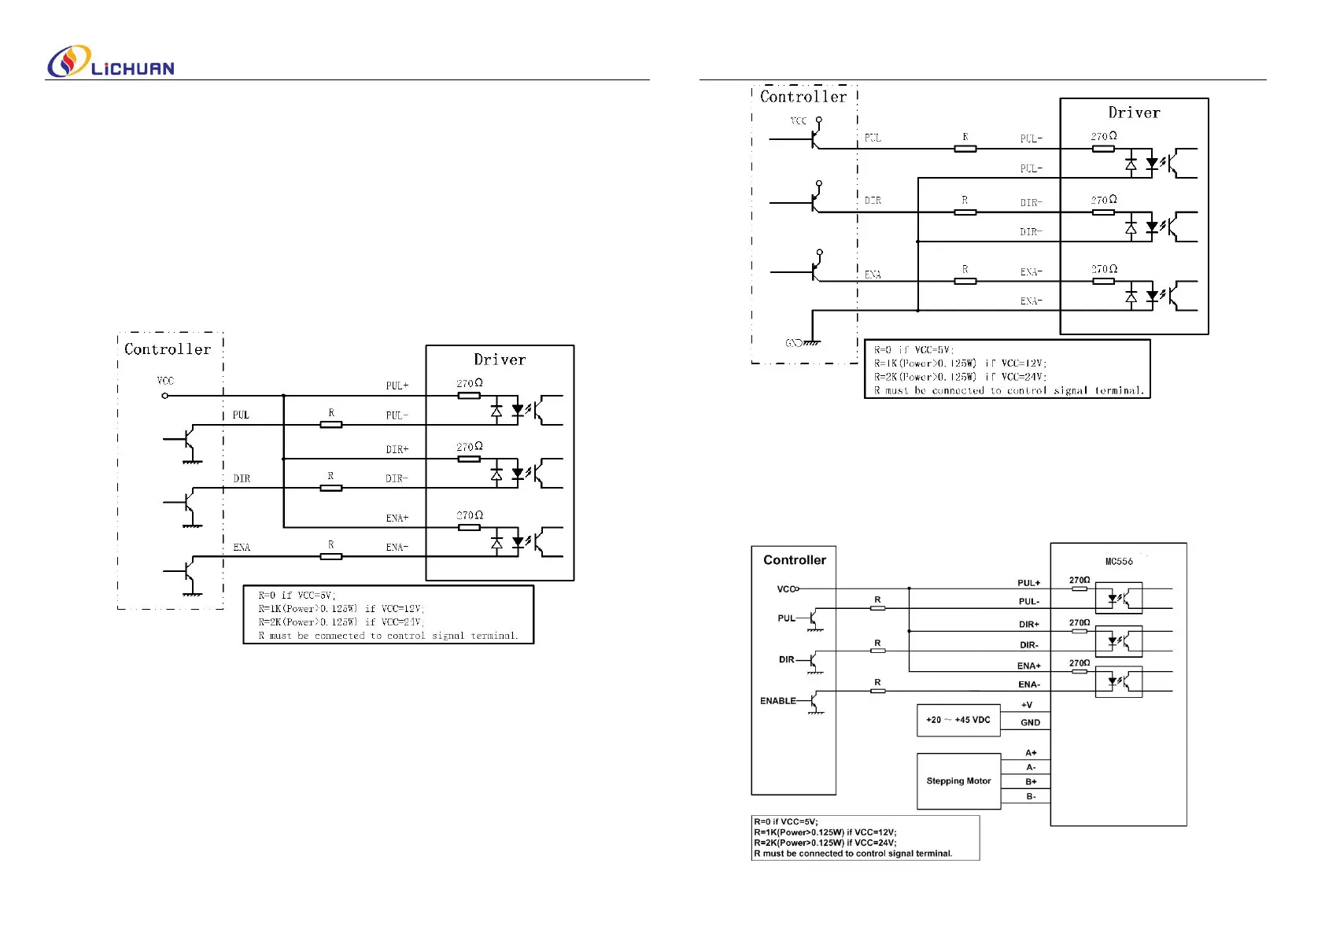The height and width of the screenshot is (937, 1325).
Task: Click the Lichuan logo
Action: tap(111, 62)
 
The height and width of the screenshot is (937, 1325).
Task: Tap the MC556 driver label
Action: tap(1119, 562)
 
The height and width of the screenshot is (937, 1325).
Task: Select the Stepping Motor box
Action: tap(958, 781)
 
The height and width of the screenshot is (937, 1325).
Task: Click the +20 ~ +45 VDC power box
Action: tap(958, 720)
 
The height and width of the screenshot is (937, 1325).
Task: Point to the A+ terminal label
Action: tap(1031, 753)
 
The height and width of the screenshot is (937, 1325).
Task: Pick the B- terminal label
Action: tap(1031, 797)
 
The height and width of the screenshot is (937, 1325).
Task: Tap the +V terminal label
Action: tap(1027, 705)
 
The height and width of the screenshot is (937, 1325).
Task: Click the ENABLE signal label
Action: tap(777, 701)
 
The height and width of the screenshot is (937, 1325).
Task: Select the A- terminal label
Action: tap(1031, 767)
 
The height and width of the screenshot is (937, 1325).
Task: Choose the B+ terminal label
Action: tap(1031, 782)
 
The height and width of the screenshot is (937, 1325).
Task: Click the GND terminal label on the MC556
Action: tap(1030, 722)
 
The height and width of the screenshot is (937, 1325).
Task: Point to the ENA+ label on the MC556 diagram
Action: tap(1028, 666)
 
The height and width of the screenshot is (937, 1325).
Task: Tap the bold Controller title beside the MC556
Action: tap(795, 560)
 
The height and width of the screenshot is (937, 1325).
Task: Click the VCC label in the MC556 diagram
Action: tap(785, 589)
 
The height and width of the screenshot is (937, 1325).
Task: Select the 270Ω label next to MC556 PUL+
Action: tap(1080, 580)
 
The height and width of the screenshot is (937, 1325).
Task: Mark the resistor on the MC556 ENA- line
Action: tap(877, 692)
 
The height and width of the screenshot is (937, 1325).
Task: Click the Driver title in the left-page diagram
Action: tap(500, 360)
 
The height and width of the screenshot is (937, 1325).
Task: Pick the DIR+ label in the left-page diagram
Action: tap(397, 449)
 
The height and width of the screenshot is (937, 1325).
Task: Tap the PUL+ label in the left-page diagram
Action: tap(397, 385)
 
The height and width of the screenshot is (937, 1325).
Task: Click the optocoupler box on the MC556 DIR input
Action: tap(1118, 641)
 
